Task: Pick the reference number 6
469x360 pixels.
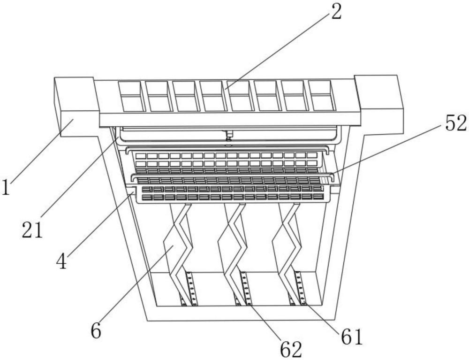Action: [x=96, y=331]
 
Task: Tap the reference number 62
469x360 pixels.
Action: [x=291, y=348]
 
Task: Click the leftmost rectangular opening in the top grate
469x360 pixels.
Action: [x=131, y=96]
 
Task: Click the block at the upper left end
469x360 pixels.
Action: [x=75, y=106]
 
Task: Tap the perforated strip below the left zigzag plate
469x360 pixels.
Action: [x=191, y=289]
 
